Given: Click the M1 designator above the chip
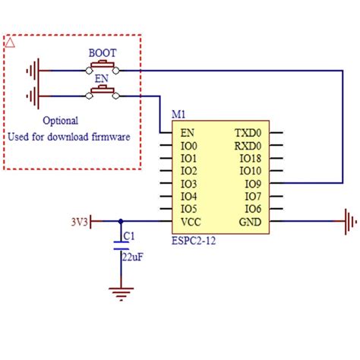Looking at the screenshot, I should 178,114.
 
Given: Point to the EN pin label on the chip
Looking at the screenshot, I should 187,132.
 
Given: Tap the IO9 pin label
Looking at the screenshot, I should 253,183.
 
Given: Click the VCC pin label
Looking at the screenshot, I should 191,222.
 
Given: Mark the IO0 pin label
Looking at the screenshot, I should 188,145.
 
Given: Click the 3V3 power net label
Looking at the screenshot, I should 79,222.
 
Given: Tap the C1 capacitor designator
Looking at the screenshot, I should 129,236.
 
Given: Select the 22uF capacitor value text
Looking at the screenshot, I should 133,256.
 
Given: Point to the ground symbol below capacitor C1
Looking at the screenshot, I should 119,292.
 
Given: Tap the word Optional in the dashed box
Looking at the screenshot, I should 60,120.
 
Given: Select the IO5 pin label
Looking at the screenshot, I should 188,209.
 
